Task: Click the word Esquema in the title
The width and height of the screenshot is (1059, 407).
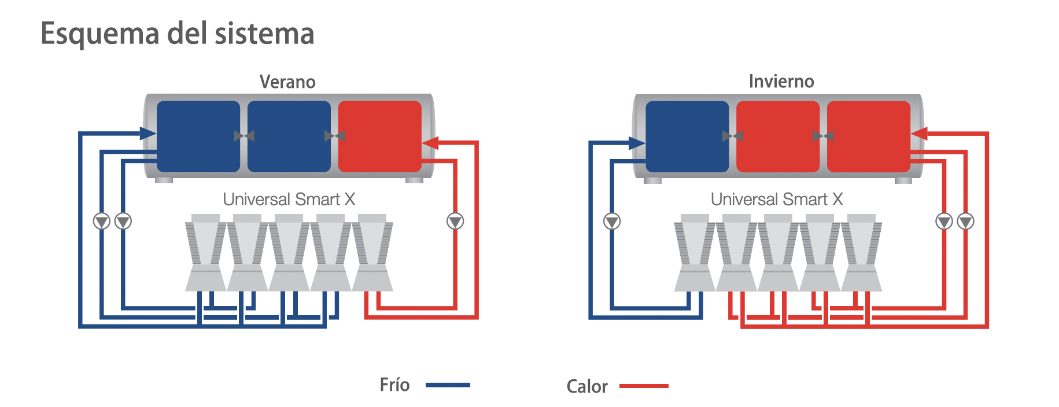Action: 99,34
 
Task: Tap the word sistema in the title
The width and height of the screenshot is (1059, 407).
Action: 265,33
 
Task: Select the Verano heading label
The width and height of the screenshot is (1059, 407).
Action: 287,82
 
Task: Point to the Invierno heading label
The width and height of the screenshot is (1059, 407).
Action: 781,81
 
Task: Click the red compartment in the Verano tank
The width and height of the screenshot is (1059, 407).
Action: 379,136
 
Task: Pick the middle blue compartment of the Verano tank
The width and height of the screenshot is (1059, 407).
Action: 289,136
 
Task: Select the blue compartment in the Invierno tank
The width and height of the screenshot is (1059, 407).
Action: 687,136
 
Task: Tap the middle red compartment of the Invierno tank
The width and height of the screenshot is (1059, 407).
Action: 778,136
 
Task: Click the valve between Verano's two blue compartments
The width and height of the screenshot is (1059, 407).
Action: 244,136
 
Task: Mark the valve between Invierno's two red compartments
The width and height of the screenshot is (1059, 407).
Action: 823,136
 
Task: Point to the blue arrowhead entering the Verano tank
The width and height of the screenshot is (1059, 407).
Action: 149,134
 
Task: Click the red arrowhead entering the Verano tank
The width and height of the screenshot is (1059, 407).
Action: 430,143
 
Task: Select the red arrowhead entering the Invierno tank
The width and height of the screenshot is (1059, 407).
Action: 919,134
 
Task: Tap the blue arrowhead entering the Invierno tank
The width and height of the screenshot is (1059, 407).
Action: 637,143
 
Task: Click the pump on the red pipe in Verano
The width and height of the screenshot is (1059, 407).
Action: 455,221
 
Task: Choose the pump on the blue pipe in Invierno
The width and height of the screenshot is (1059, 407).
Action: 612,221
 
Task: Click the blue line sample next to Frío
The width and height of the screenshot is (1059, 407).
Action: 448,385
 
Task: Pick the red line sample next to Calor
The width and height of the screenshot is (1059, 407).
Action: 644,386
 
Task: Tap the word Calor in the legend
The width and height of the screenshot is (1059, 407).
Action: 587,386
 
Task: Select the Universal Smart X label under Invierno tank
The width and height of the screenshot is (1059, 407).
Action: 777,199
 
